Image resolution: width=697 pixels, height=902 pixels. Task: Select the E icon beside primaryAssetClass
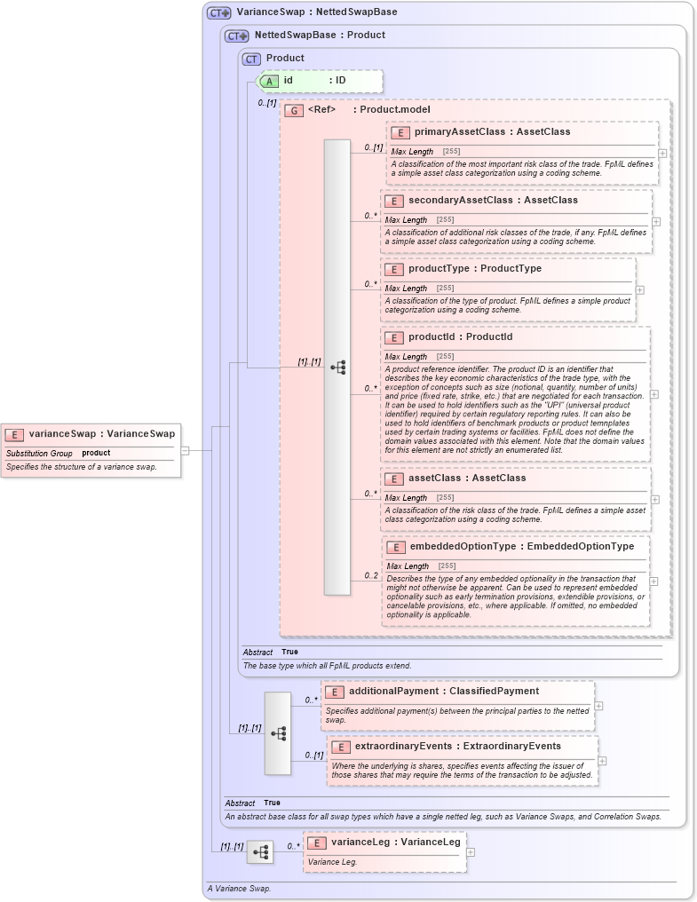tap(400, 132)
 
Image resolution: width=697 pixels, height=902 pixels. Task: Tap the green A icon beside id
tap(268, 81)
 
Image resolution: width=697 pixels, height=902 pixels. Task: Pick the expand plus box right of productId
tap(654, 393)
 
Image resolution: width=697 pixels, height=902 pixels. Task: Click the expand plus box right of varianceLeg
tap(471, 852)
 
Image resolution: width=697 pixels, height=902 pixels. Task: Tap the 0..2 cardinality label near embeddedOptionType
tap(370, 575)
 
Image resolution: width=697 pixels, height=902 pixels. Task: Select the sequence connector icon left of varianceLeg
tap(260, 852)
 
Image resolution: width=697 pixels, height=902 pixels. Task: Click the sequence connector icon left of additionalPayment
tap(278, 733)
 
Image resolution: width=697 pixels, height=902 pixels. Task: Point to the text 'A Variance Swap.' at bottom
tap(239, 888)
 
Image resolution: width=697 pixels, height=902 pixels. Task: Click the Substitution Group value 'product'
tap(96, 453)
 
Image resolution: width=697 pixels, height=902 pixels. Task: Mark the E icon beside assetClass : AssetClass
tap(395, 479)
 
